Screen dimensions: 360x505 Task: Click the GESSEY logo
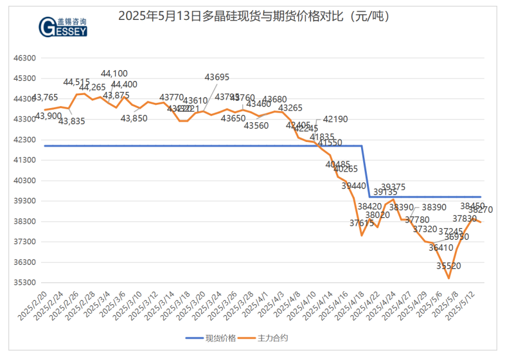[x=64, y=28]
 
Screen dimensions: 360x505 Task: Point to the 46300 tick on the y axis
[x=24, y=58]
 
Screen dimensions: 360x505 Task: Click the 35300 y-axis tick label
[x=24, y=283]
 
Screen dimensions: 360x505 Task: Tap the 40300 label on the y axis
[x=24, y=181]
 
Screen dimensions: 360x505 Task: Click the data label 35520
[x=448, y=265]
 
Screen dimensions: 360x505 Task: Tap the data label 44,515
[x=76, y=82]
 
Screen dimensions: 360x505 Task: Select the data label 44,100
[x=114, y=74]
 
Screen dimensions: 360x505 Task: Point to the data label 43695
[x=217, y=77]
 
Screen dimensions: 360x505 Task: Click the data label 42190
[x=335, y=119]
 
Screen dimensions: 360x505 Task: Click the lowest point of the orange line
[x=448, y=278]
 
